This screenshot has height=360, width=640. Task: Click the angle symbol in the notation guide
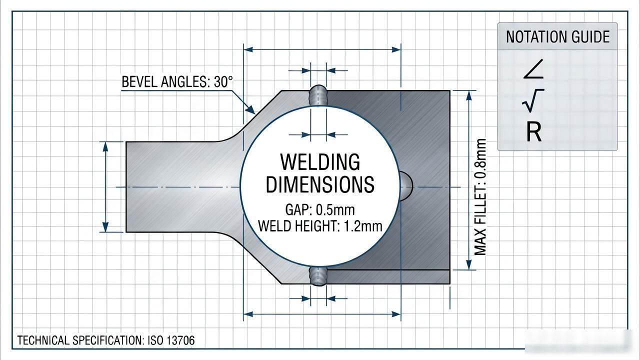coord(533,69)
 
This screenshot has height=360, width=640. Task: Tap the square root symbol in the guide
coord(532,100)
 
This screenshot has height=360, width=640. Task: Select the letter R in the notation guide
coord(533,131)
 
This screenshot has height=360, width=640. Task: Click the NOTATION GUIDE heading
coord(557,37)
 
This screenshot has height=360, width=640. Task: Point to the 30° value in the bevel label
coord(223,81)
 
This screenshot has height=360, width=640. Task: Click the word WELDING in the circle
coord(320,162)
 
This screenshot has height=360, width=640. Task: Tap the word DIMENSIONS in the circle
coord(320,184)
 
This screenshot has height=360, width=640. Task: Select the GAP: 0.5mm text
coord(320,210)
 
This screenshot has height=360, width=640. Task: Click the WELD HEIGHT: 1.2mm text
coord(320,226)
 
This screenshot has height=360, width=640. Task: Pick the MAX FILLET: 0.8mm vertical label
coord(480,197)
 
